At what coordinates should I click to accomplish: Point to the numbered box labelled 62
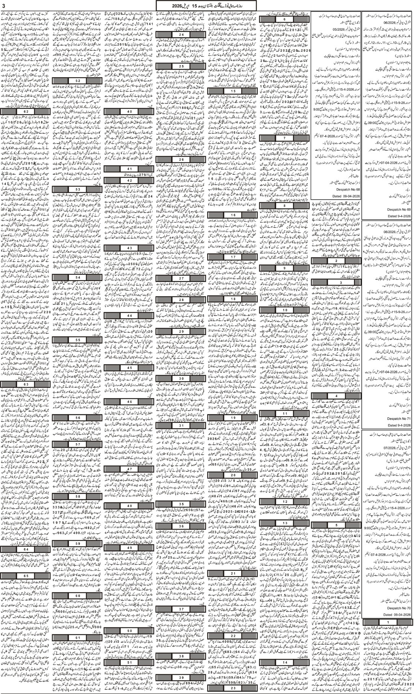(26, 112)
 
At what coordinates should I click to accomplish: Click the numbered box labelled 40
(129, 112)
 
